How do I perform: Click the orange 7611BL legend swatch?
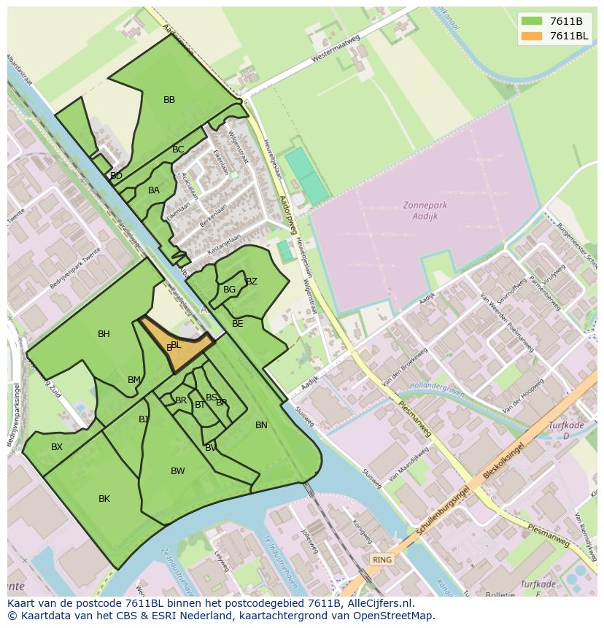pos(532,36)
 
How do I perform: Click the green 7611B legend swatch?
pos(532,21)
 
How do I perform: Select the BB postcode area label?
pos(169,100)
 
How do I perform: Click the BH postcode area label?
pos(104,334)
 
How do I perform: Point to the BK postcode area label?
pos(104,499)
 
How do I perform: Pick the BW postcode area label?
pos(178,471)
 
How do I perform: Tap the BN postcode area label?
pos(261,425)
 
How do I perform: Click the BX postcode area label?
pos(57,447)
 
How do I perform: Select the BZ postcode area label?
pos(252,282)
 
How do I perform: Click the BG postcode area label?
pos(230,290)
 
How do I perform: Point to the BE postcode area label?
pos(237,323)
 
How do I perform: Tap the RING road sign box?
pos(382,559)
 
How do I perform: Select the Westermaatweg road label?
pos(336,47)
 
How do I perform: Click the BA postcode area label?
pos(154,190)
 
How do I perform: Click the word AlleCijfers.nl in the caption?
pos(379,603)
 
